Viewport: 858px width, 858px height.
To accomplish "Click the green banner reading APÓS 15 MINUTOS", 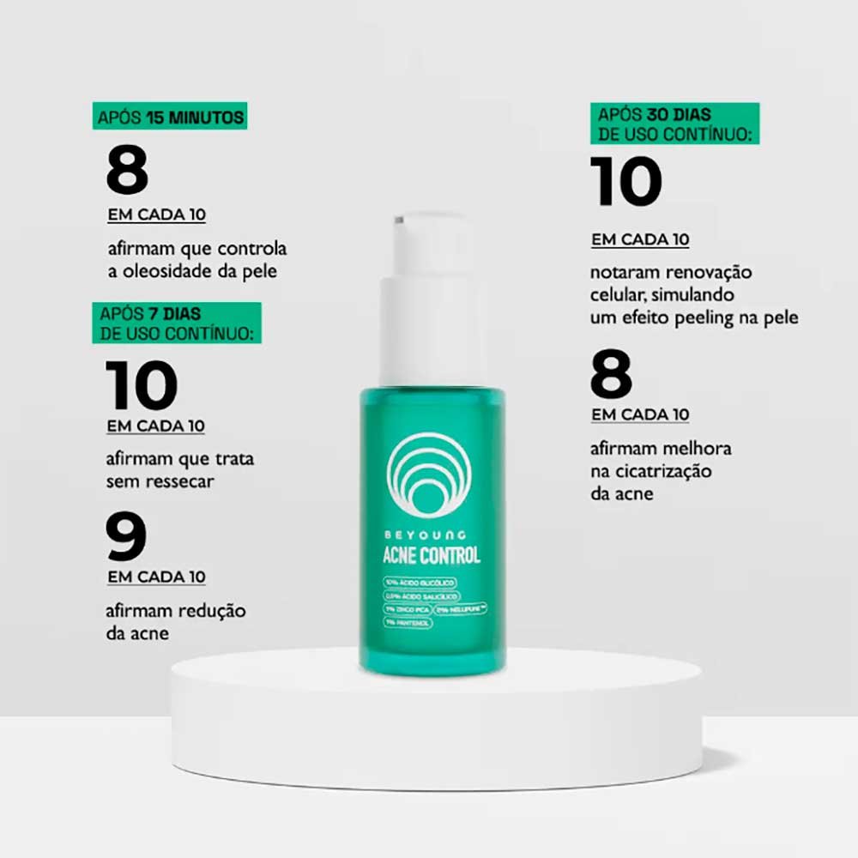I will pyautogui.click(x=170, y=118).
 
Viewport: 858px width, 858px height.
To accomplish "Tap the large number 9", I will pyautogui.click(x=126, y=536).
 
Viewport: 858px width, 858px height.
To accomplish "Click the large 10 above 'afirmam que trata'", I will pyautogui.click(x=142, y=386).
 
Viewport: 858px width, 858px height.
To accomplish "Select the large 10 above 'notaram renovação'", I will pyautogui.click(x=626, y=182).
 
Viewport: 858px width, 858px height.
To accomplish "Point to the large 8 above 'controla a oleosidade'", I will pyautogui.click(x=128, y=171).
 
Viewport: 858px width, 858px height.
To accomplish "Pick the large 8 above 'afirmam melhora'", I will pyautogui.click(x=612, y=375).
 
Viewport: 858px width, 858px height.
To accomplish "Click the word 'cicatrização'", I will pyautogui.click(x=662, y=471).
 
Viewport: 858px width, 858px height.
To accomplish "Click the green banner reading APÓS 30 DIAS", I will pyautogui.click(x=674, y=124).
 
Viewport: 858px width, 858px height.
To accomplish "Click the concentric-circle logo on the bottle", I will pyautogui.click(x=430, y=474).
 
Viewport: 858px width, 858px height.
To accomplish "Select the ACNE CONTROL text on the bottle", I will pyautogui.click(x=432, y=555).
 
